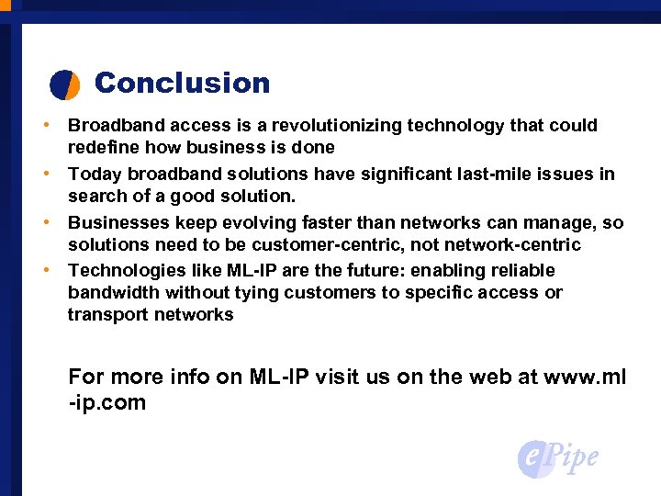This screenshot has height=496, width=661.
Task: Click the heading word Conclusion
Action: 182,83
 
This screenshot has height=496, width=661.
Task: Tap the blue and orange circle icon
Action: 64,84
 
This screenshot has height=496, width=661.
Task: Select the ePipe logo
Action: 558,457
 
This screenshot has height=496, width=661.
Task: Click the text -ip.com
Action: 107,402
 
